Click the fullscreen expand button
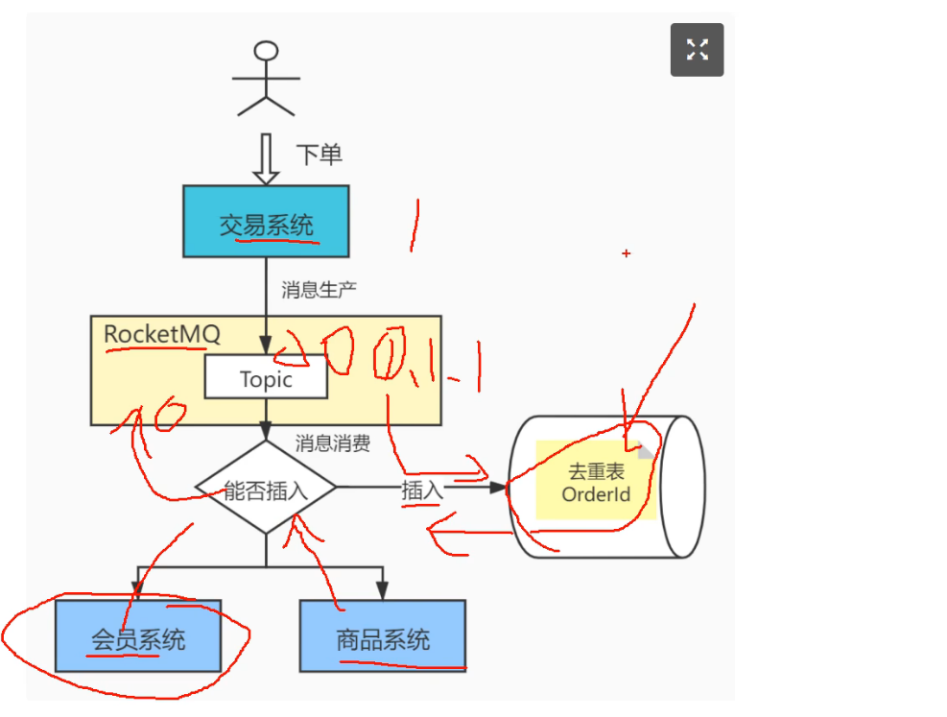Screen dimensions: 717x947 tap(697, 50)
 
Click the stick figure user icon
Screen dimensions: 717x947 tap(266, 79)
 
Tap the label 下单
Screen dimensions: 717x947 tap(319, 155)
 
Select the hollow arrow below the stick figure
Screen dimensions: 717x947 tap(266, 159)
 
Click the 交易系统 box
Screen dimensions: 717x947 tap(266, 222)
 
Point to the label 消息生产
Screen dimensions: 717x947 tap(320, 289)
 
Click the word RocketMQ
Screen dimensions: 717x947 tap(162, 334)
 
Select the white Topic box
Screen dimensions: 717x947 tap(266, 379)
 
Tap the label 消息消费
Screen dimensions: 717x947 tap(332, 443)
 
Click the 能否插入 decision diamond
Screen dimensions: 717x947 tap(266, 489)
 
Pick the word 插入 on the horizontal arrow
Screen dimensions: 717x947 tap(422, 490)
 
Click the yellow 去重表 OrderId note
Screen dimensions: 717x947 tap(596, 481)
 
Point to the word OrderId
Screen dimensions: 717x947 tap(596, 495)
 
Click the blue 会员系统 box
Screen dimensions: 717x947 tap(138, 636)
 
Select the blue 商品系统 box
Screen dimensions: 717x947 tap(383, 636)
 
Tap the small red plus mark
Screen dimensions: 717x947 tap(626, 253)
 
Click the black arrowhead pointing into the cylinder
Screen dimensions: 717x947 tap(498, 488)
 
